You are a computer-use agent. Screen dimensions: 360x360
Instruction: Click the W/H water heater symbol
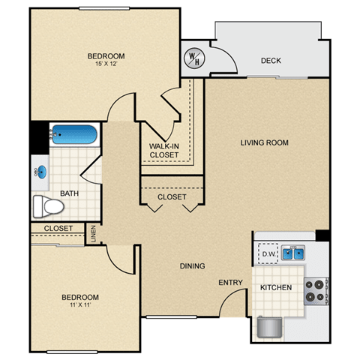click(194, 58)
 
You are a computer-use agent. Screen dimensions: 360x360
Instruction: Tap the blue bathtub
click(74, 134)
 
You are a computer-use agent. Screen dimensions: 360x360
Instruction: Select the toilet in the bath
click(49, 207)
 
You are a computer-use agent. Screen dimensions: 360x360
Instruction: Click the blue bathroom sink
click(41, 172)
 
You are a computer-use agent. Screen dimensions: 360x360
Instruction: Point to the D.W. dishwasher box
click(268, 253)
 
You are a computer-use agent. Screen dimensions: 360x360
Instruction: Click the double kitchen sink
click(293, 253)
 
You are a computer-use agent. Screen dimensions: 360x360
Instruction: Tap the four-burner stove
click(316, 291)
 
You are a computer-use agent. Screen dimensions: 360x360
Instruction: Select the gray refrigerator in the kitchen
click(270, 327)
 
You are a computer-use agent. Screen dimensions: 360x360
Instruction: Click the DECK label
click(271, 61)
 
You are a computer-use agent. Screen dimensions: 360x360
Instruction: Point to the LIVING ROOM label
click(265, 142)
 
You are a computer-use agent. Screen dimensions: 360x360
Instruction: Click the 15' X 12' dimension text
click(106, 64)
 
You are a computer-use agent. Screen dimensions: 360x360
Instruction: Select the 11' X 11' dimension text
click(80, 304)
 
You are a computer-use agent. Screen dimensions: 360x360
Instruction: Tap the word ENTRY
click(230, 283)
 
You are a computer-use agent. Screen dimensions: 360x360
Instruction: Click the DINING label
click(193, 265)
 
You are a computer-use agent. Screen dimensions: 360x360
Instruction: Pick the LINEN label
click(94, 234)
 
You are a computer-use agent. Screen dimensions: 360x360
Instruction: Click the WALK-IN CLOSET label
click(164, 151)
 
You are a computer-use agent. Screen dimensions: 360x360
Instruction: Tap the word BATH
click(70, 193)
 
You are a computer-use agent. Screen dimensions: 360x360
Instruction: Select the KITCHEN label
click(276, 287)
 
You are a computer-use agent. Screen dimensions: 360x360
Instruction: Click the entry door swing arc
click(227, 296)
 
